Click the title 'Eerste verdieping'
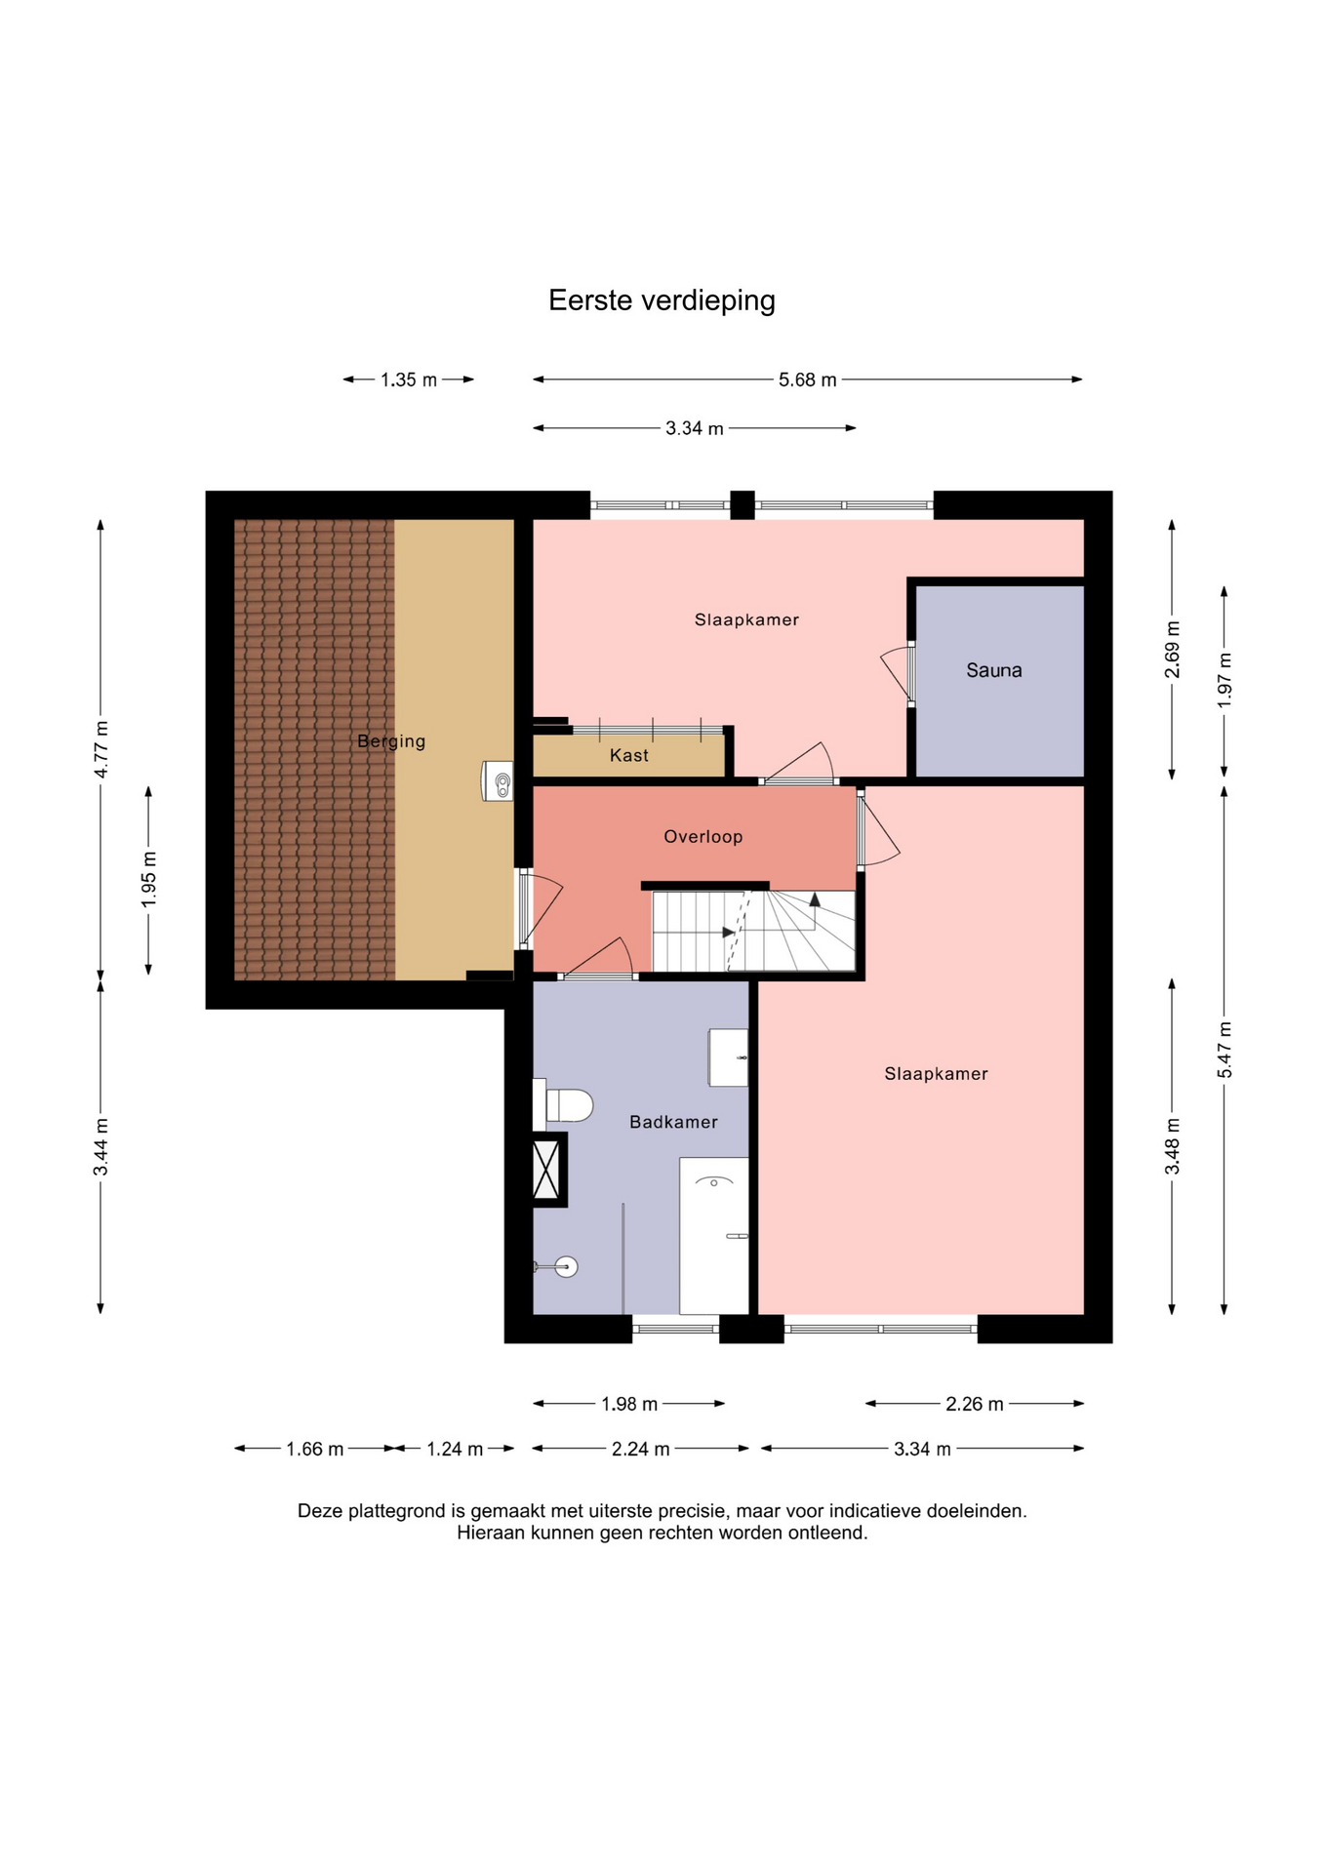point(662,300)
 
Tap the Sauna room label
point(994,670)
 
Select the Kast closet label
point(629,755)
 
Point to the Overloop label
point(703,836)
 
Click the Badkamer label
point(673,1122)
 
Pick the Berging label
point(391,741)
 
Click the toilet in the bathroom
point(563,1105)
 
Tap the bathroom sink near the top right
point(728,1057)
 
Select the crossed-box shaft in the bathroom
point(546,1170)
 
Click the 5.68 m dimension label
point(808,379)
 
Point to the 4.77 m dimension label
point(100,749)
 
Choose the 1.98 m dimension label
point(629,1404)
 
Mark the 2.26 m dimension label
point(975,1404)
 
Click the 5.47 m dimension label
point(1225,1050)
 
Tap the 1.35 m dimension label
point(409,379)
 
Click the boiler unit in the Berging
point(498,780)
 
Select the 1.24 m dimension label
point(455,1449)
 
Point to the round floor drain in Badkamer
point(566,1266)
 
